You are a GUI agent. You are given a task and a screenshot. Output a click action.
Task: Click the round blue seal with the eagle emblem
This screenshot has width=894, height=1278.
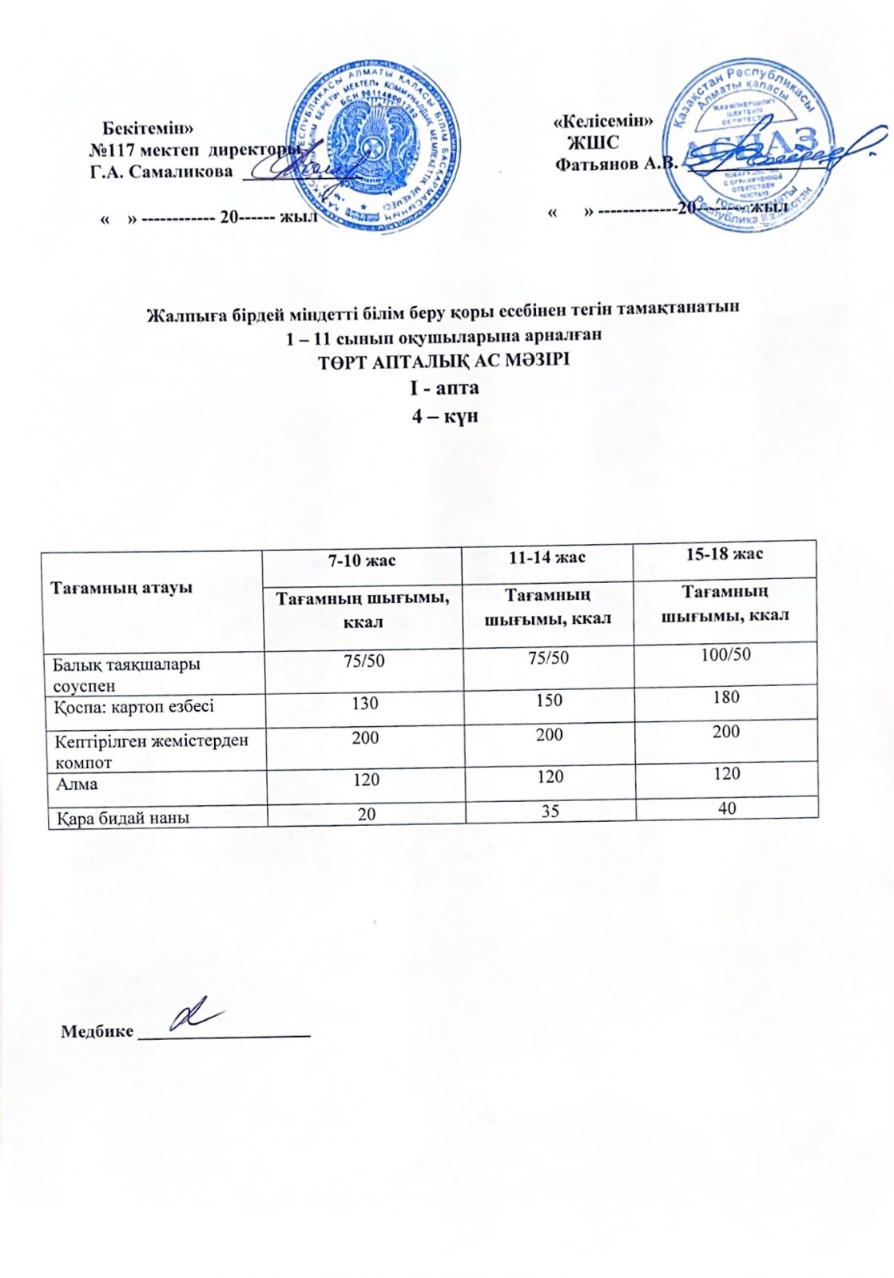coord(373,147)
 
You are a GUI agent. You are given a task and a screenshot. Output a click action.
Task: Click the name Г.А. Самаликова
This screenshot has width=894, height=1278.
coord(161,171)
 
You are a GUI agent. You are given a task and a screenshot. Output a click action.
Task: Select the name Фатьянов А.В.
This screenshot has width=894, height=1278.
coord(616,164)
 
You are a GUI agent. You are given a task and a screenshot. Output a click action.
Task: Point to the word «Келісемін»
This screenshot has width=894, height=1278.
coord(603,121)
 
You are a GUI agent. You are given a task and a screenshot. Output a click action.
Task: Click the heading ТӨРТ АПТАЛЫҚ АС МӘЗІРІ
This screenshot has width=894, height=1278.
coord(443,360)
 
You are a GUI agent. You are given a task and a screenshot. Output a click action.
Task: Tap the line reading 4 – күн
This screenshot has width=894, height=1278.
coord(445,416)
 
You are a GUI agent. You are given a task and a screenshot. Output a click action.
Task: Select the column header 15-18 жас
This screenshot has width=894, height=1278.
coord(724,554)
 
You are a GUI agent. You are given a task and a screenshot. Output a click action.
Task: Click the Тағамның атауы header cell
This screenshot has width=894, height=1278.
coord(121,588)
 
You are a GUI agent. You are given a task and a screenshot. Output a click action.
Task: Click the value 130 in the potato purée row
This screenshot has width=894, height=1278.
coord(364,704)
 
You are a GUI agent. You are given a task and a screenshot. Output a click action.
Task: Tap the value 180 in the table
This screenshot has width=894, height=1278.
coord(725,697)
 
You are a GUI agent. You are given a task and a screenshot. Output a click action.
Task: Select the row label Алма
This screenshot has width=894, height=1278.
coord(77,784)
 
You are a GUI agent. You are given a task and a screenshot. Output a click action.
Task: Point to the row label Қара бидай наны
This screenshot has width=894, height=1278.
coord(122,818)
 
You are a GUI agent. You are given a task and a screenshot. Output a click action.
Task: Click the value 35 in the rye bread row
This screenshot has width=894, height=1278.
coord(550,811)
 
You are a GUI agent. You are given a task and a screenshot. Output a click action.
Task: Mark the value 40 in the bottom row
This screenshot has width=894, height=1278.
coord(726,808)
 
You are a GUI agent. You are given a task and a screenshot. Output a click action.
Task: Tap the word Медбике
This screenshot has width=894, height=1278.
coord(97,1031)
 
